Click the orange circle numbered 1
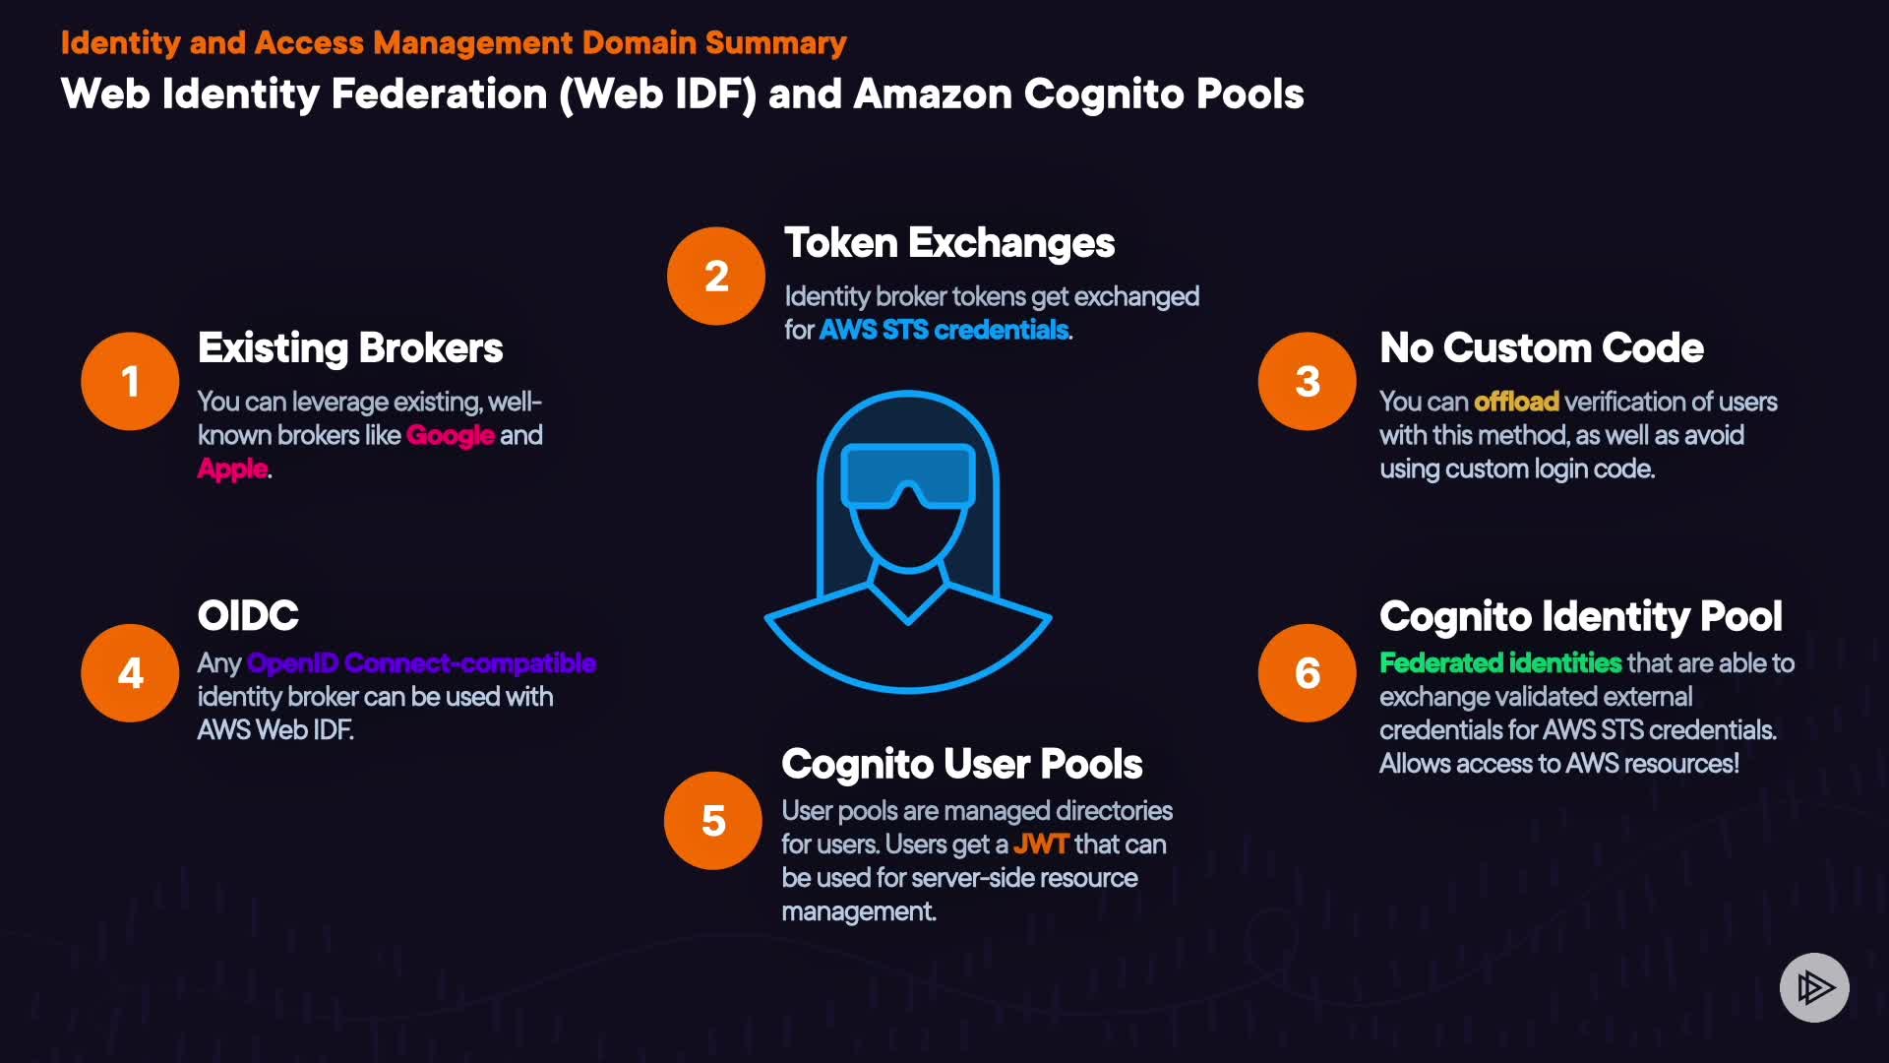[x=130, y=381]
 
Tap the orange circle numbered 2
[x=716, y=277]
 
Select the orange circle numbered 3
[x=1307, y=381]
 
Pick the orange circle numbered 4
[x=130, y=673]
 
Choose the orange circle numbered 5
[x=713, y=821]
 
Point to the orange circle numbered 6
[x=1307, y=673]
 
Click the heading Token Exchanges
[x=948, y=243]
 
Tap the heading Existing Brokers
[x=350, y=348]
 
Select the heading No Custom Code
[x=1541, y=348]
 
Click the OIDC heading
[x=248, y=616]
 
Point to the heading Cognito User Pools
[x=961, y=765]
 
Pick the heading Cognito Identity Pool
[x=1580, y=617]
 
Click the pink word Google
[x=450, y=435]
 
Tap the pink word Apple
[x=232, y=469]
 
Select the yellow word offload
[x=1516, y=402]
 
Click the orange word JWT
[x=1040, y=844]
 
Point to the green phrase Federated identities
[x=1499, y=663]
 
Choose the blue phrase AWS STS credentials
[x=943, y=330]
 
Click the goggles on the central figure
[x=908, y=475]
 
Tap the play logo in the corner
[x=1814, y=987]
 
